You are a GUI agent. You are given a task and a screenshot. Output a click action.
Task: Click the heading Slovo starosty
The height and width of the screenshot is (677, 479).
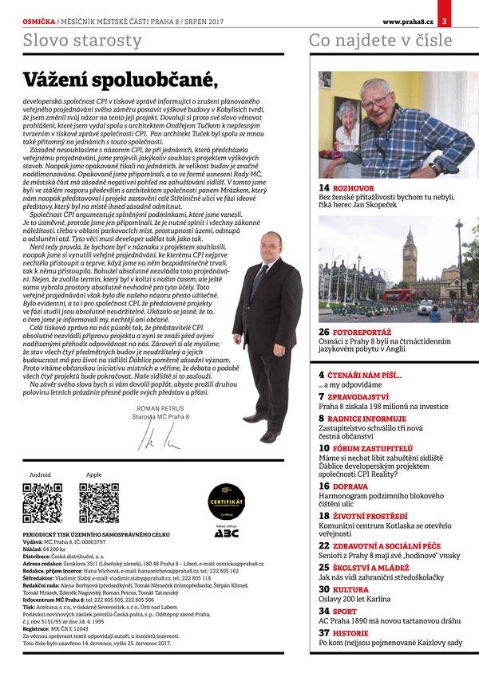(82, 41)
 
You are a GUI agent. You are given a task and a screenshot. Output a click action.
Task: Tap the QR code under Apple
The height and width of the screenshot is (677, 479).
(99, 502)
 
